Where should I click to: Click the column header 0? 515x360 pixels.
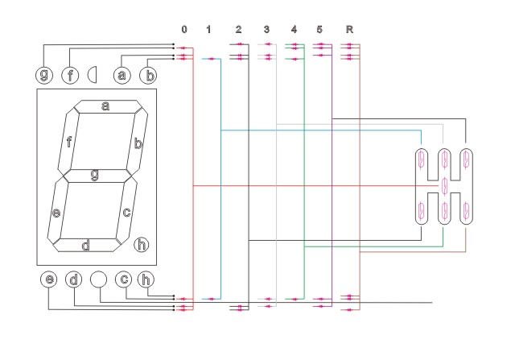184,30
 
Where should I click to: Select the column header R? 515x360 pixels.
349,30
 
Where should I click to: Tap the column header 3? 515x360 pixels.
266,30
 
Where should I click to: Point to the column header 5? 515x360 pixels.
319,30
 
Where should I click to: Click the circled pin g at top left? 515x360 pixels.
44,75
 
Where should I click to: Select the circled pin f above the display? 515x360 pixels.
70,75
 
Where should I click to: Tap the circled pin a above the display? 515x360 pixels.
122,75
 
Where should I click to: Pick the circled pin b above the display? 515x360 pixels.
148,75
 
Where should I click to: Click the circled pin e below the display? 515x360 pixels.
49,279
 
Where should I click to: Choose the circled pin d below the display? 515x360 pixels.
74,279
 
